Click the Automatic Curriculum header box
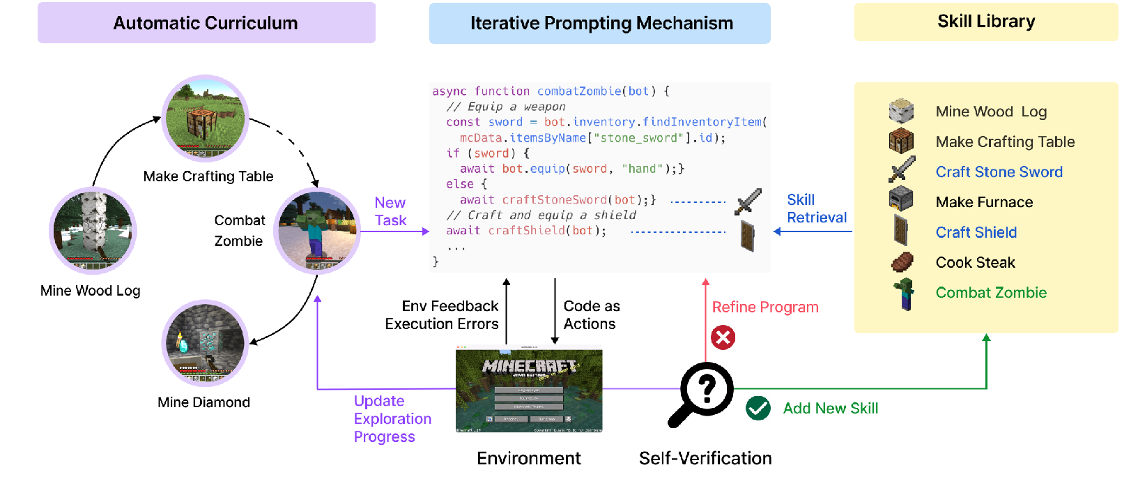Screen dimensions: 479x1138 point(206,23)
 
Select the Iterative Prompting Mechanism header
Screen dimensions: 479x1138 point(601,23)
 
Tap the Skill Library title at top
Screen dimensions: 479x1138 point(985,22)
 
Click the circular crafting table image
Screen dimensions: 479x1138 point(205,119)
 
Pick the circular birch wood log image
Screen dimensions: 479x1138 point(93,231)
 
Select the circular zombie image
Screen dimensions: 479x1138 point(318,231)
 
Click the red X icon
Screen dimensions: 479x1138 point(723,338)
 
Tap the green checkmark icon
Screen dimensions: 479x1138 point(758,408)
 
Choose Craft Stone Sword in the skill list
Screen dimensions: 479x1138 point(999,172)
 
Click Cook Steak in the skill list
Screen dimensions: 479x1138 point(975,263)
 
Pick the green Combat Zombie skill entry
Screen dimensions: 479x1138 point(991,293)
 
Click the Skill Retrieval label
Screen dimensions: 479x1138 point(816,208)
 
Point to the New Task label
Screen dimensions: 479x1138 point(390,211)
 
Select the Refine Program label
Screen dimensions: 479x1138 point(764,307)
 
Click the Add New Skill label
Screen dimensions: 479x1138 point(830,409)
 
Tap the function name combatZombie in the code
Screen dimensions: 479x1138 point(578,91)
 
